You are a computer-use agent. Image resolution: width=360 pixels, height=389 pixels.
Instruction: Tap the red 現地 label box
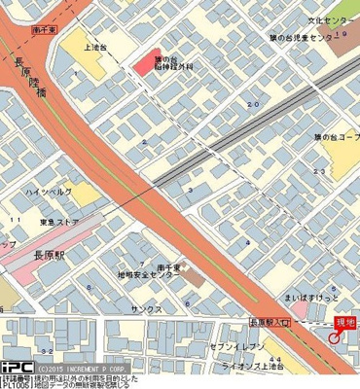345,322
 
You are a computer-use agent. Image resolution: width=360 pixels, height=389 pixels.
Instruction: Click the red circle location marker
335,338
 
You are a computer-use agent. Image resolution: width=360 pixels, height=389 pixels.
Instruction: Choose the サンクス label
146,307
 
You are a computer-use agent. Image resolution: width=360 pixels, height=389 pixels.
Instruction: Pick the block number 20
254,103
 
